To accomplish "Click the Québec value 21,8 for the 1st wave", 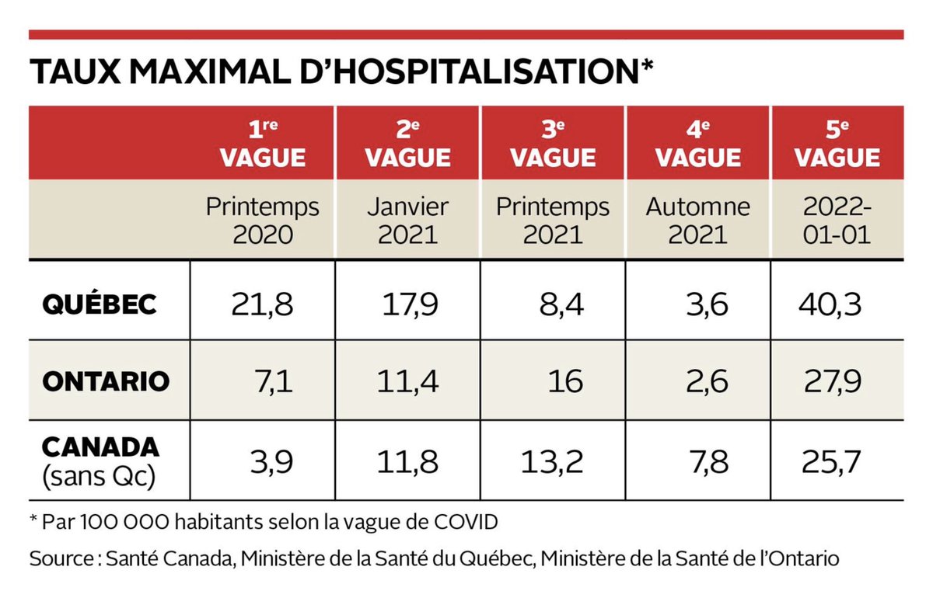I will coord(262,304).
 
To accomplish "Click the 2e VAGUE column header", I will coord(408,144).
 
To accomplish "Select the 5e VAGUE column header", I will coord(837,144).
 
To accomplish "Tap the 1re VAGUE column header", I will coord(263,144).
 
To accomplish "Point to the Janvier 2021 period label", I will coord(408,221).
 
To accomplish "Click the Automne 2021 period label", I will coord(699,221).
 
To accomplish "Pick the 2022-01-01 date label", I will coord(837,221).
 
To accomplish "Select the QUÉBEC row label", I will coord(99,304).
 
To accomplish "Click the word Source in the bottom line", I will coord(59,558).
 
